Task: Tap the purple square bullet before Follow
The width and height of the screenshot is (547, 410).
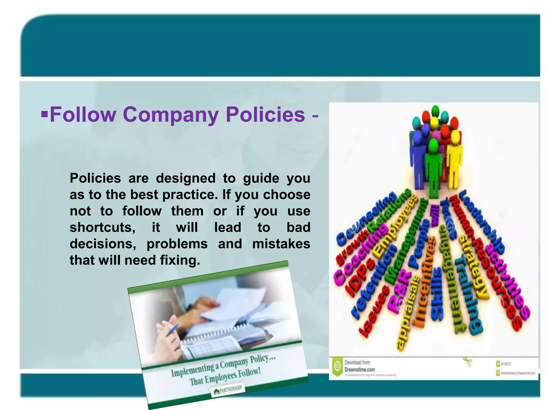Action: pyautogui.click(x=45, y=114)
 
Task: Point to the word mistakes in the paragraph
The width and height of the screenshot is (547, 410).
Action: pyautogui.click(x=281, y=244)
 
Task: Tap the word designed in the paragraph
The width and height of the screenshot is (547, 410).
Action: pyautogui.click(x=186, y=178)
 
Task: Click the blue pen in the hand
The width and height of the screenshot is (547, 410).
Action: pyautogui.click(x=172, y=330)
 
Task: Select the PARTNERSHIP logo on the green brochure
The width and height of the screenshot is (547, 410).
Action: pyautogui.click(x=228, y=390)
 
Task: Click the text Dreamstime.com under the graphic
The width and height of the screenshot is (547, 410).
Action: pyautogui.click(x=360, y=370)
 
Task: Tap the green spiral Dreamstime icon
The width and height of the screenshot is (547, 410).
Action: pyautogui.click(x=337, y=366)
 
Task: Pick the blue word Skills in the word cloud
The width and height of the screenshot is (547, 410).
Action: pyautogui.click(x=437, y=294)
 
